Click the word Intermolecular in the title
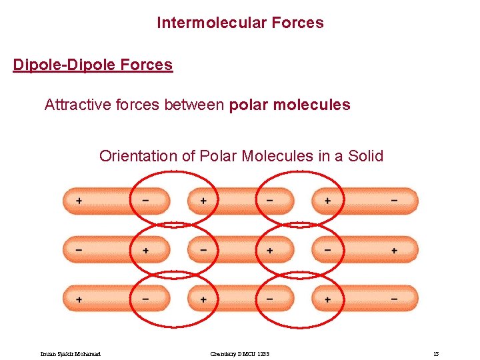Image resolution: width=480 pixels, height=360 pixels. click(201, 23)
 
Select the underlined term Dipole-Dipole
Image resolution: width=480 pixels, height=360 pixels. click(63, 65)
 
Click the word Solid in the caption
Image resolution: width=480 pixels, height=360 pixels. click(364, 156)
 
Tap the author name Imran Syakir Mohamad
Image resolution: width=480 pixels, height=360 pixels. click(71, 353)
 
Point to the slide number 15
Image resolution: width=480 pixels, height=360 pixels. click(435, 353)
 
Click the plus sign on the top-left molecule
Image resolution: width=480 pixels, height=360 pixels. click(79, 201)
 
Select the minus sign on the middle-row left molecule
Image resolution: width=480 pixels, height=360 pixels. click(79, 250)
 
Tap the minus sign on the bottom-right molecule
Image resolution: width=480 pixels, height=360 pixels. click(394, 299)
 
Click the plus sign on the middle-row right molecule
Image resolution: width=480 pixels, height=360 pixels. click(394, 250)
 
